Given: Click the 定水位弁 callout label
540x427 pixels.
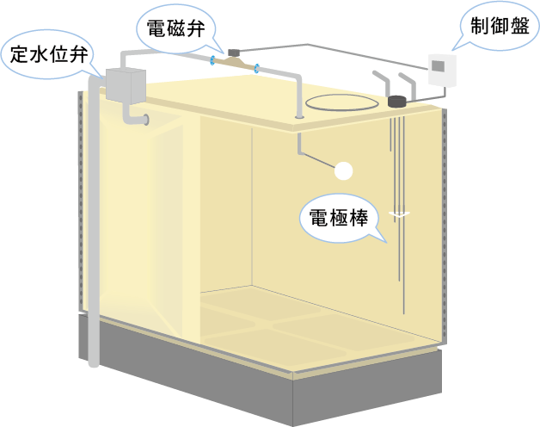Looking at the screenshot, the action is coord(49,55).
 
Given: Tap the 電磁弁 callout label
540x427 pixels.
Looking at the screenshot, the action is coord(175,28).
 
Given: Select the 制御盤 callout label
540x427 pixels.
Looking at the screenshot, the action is coord(500,26).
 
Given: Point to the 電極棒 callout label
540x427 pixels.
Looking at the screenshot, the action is coord(339,218).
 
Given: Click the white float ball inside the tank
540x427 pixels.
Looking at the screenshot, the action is coord(343,171).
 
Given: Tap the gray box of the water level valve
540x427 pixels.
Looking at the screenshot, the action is coord(126,86).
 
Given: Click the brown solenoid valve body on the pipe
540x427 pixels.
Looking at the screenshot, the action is coord(234,63).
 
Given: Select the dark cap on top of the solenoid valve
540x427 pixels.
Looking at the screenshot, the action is coord(234,53).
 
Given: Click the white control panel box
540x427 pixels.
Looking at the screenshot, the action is coord(442,70).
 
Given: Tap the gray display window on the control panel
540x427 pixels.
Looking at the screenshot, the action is coord(438,65).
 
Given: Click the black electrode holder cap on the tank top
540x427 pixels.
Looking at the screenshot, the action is coord(397,101).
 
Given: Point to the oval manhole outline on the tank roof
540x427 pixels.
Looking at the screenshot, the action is coord(342,102).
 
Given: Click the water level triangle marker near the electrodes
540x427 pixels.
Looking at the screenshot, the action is coord(399,214).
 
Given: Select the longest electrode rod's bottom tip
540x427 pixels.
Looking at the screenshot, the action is coord(403,313).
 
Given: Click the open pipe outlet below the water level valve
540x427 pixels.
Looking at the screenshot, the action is coord(147,120).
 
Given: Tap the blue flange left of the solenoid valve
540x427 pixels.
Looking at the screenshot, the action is coord(212,61).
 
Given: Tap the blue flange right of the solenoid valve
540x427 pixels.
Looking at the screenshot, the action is coord(256,68).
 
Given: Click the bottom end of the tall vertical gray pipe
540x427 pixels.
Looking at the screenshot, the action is coord(94,364).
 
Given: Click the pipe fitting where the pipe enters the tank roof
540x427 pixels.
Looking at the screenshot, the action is coord(299,117).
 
